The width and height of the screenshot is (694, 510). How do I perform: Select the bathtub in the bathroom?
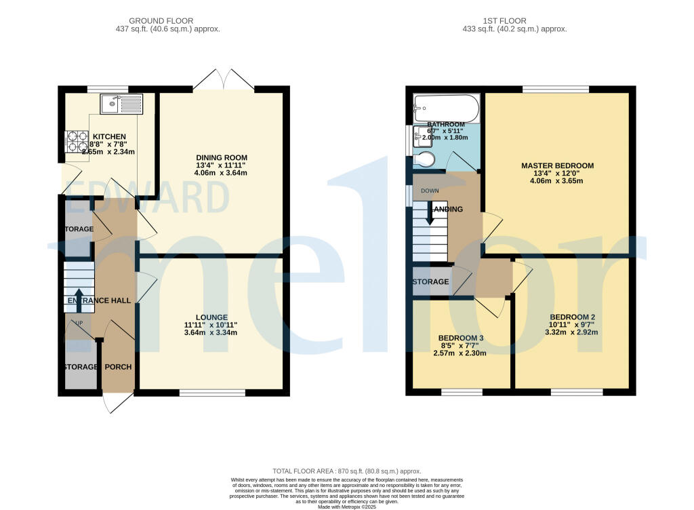pos(446,106)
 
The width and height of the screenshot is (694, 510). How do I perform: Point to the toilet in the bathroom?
pos(425,159)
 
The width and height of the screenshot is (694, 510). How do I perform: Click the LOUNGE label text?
pos(211,317)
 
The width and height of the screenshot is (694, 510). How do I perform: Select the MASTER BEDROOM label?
pos(557,165)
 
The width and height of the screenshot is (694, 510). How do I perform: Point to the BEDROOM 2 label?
pos(572,317)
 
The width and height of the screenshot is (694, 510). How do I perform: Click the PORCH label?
pos(119,367)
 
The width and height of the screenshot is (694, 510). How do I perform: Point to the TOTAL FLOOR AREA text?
pos(346,471)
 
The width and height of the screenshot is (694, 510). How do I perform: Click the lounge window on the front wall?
pos(212,393)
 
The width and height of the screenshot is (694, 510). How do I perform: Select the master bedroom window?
pos(556,89)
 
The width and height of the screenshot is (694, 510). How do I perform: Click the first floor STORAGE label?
pos(430,281)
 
